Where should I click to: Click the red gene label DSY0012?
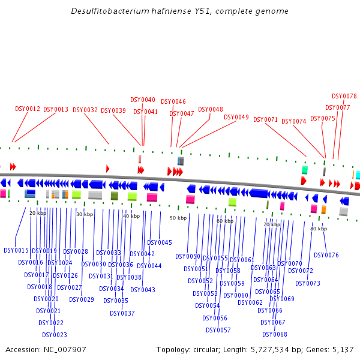(28, 109)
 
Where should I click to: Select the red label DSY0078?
(344, 96)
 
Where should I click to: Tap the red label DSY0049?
(236, 117)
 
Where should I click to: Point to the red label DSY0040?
(143, 100)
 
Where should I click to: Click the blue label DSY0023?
(55, 335)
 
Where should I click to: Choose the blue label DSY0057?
(218, 330)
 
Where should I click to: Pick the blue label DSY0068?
(275, 334)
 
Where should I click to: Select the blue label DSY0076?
(326, 255)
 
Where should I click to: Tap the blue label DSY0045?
(160, 242)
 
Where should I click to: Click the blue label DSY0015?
(16, 250)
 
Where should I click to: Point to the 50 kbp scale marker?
(178, 218)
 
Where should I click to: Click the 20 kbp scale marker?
(38, 213)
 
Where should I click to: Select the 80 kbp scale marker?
(319, 229)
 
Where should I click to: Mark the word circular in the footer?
(209, 349)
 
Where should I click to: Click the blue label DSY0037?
(122, 313)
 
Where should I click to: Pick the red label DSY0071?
(266, 119)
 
